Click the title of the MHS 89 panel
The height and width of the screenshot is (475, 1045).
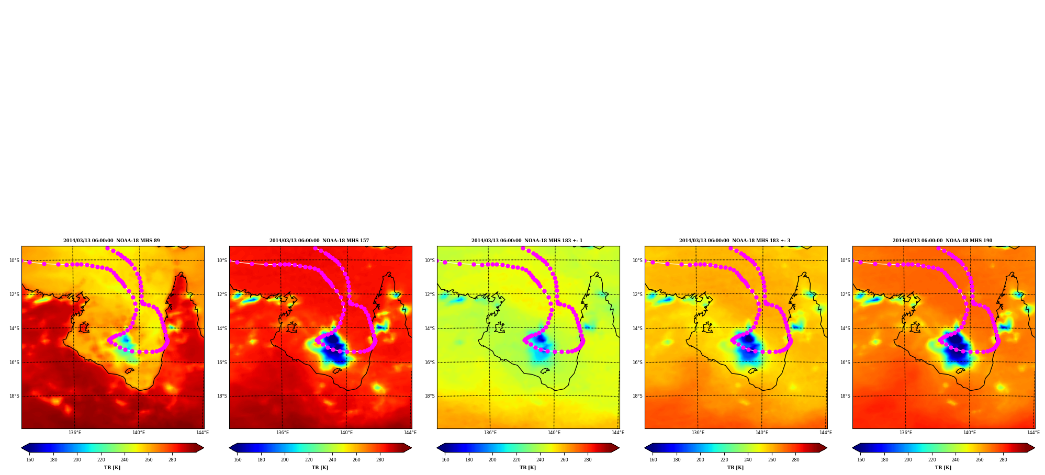tap(111, 241)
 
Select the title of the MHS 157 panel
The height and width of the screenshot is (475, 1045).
tap(319, 241)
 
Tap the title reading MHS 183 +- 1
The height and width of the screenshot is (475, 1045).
tap(527, 241)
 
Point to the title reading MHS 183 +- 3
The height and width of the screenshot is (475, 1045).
tap(735, 241)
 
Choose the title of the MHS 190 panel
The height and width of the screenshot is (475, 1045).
tap(942, 241)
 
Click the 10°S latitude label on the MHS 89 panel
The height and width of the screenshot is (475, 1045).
tap(14, 261)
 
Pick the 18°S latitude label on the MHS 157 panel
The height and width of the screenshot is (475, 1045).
tap(222, 396)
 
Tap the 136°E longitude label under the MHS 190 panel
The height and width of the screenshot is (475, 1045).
tap(906, 433)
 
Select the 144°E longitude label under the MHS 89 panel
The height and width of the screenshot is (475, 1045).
tap(203, 433)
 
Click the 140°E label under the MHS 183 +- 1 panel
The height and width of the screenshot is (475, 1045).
tap(554, 433)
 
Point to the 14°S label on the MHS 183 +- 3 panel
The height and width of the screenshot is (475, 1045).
tap(637, 329)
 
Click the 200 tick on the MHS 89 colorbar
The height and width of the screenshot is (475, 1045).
tap(77, 460)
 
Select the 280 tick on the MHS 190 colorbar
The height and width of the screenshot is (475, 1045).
tap(1003, 460)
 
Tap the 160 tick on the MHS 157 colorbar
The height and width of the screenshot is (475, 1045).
tap(238, 460)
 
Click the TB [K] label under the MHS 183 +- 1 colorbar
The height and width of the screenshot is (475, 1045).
tap(527, 468)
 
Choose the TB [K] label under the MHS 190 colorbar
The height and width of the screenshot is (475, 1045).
tap(943, 468)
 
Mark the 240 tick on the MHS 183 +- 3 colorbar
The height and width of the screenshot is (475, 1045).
tap(748, 460)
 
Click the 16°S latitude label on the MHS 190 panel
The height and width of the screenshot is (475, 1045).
tap(845, 363)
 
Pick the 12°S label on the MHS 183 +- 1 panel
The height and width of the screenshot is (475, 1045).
tap(430, 295)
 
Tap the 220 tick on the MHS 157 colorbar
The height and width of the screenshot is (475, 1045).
tap(309, 460)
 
